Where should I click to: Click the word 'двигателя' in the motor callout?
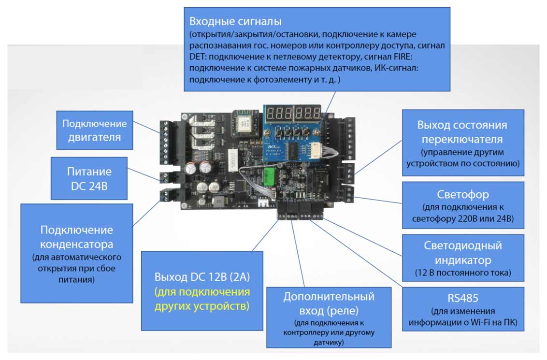94,137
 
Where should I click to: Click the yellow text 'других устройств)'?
202,306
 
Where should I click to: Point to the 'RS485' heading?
463,297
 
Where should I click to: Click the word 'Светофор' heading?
463,194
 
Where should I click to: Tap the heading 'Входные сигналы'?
235,21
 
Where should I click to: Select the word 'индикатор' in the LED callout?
463,260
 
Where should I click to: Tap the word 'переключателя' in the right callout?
462,139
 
